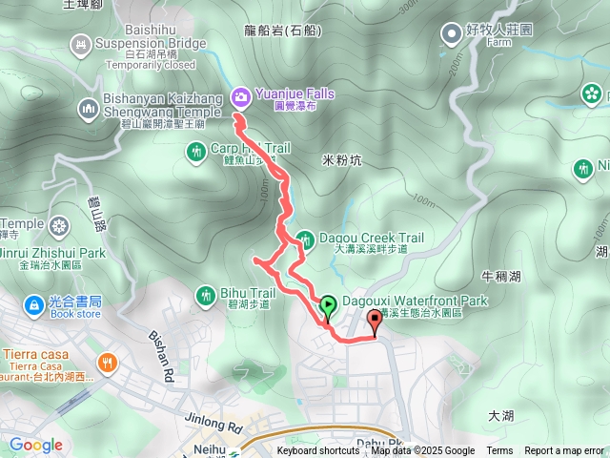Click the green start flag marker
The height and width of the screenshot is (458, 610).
(x=328, y=306)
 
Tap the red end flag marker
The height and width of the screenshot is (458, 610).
(x=374, y=320)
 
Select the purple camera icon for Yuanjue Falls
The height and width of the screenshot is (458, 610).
(x=240, y=95)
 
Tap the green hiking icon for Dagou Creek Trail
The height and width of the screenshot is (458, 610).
(x=306, y=238)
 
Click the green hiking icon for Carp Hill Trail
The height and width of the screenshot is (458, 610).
(x=196, y=151)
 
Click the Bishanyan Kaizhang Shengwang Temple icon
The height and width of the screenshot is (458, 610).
(x=90, y=109)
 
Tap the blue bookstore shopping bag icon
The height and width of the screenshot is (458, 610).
(x=30, y=305)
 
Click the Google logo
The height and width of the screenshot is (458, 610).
(x=35, y=445)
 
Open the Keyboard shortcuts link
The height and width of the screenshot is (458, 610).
(x=318, y=451)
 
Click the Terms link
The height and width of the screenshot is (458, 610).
(x=499, y=451)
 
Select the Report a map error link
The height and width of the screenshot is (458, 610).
(x=564, y=451)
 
